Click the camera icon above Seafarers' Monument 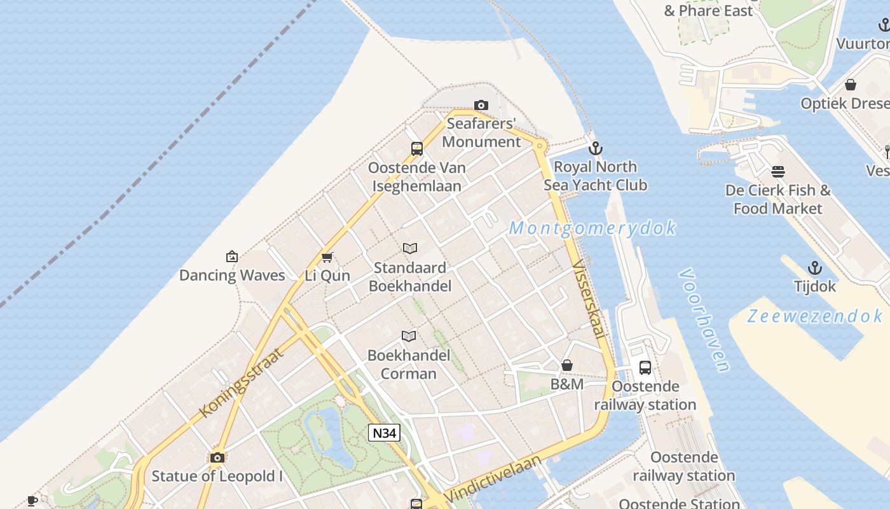[x=481, y=105]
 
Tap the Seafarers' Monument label [x=481, y=132]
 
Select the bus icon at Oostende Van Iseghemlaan [x=417, y=149]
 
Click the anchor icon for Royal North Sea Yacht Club [x=595, y=148]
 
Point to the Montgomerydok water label [x=592, y=228]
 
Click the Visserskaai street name [x=590, y=299]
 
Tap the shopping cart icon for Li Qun [x=327, y=257]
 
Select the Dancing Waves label [x=232, y=275]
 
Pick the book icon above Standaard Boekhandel [x=410, y=248]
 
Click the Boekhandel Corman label [x=409, y=365]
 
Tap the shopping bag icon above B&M [x=567, y=365]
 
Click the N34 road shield [x=384, y=433]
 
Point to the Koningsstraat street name [x=241, y=382]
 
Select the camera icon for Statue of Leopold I [x=217, y=457]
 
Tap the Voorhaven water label [x=704, y=320]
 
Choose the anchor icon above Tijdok [x=814, y=268]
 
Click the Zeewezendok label [x=814, y=316]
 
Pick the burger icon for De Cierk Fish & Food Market [x=777, y=172]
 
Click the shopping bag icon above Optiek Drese [x=851, y=85]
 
